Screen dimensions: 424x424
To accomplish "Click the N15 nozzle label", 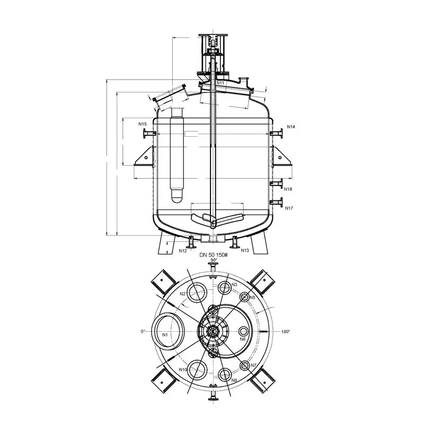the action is point(143,124).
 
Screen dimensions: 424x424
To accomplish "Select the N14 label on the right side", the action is point(291,127).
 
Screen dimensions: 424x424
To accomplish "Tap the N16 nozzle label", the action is point(288,189).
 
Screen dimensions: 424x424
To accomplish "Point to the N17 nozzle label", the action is point(289,208).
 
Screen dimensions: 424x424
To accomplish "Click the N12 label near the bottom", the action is point(183,251).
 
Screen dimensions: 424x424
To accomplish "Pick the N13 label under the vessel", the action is point(245,250).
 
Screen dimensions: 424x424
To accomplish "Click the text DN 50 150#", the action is point(214,255).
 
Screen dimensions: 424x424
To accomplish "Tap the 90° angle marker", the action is point(214,260).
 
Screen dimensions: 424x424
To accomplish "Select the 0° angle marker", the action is point(143,331).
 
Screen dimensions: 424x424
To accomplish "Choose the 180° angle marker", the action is point(286,332).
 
